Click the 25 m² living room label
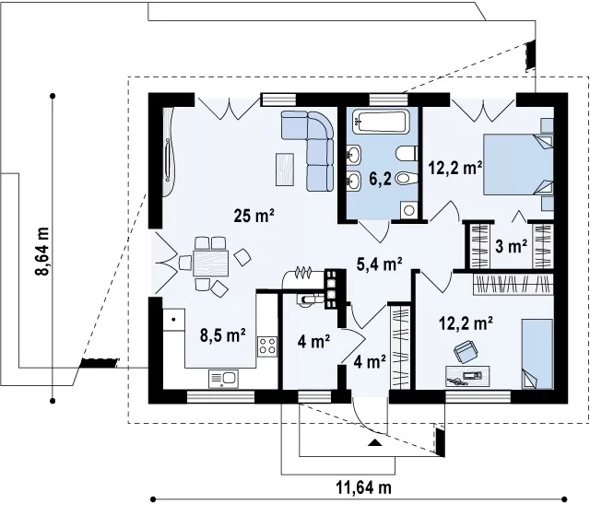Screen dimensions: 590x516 (x=254, y=216)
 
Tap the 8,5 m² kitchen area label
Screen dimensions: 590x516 (x=223, y=335)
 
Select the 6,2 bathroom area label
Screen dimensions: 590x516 (x=380, y=179)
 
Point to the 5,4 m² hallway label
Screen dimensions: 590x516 (x=379, y=264)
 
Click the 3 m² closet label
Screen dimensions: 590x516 (x=511, y=246)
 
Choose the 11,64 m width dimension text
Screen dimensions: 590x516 (x=363, y=487)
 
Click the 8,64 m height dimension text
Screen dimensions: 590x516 (x=42, y=252)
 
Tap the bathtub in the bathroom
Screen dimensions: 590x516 (x=381, y=122)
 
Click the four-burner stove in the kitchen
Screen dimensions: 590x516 (x=267, y=346)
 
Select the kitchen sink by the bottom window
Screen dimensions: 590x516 (x=223, y=379)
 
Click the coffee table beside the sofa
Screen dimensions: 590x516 (x=285, y=170)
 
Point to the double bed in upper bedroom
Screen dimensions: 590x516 (x=518, y=165)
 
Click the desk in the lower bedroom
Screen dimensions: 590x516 (x=467, y=376)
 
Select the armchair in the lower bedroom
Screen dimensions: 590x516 (x=466, y=352)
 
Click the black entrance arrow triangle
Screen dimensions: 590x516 (x=374, y=442)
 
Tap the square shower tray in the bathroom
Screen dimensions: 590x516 (x=408, y=210)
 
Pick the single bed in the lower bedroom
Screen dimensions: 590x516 (x=537, y=354)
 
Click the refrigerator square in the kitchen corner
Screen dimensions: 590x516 (x=174, y=320)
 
